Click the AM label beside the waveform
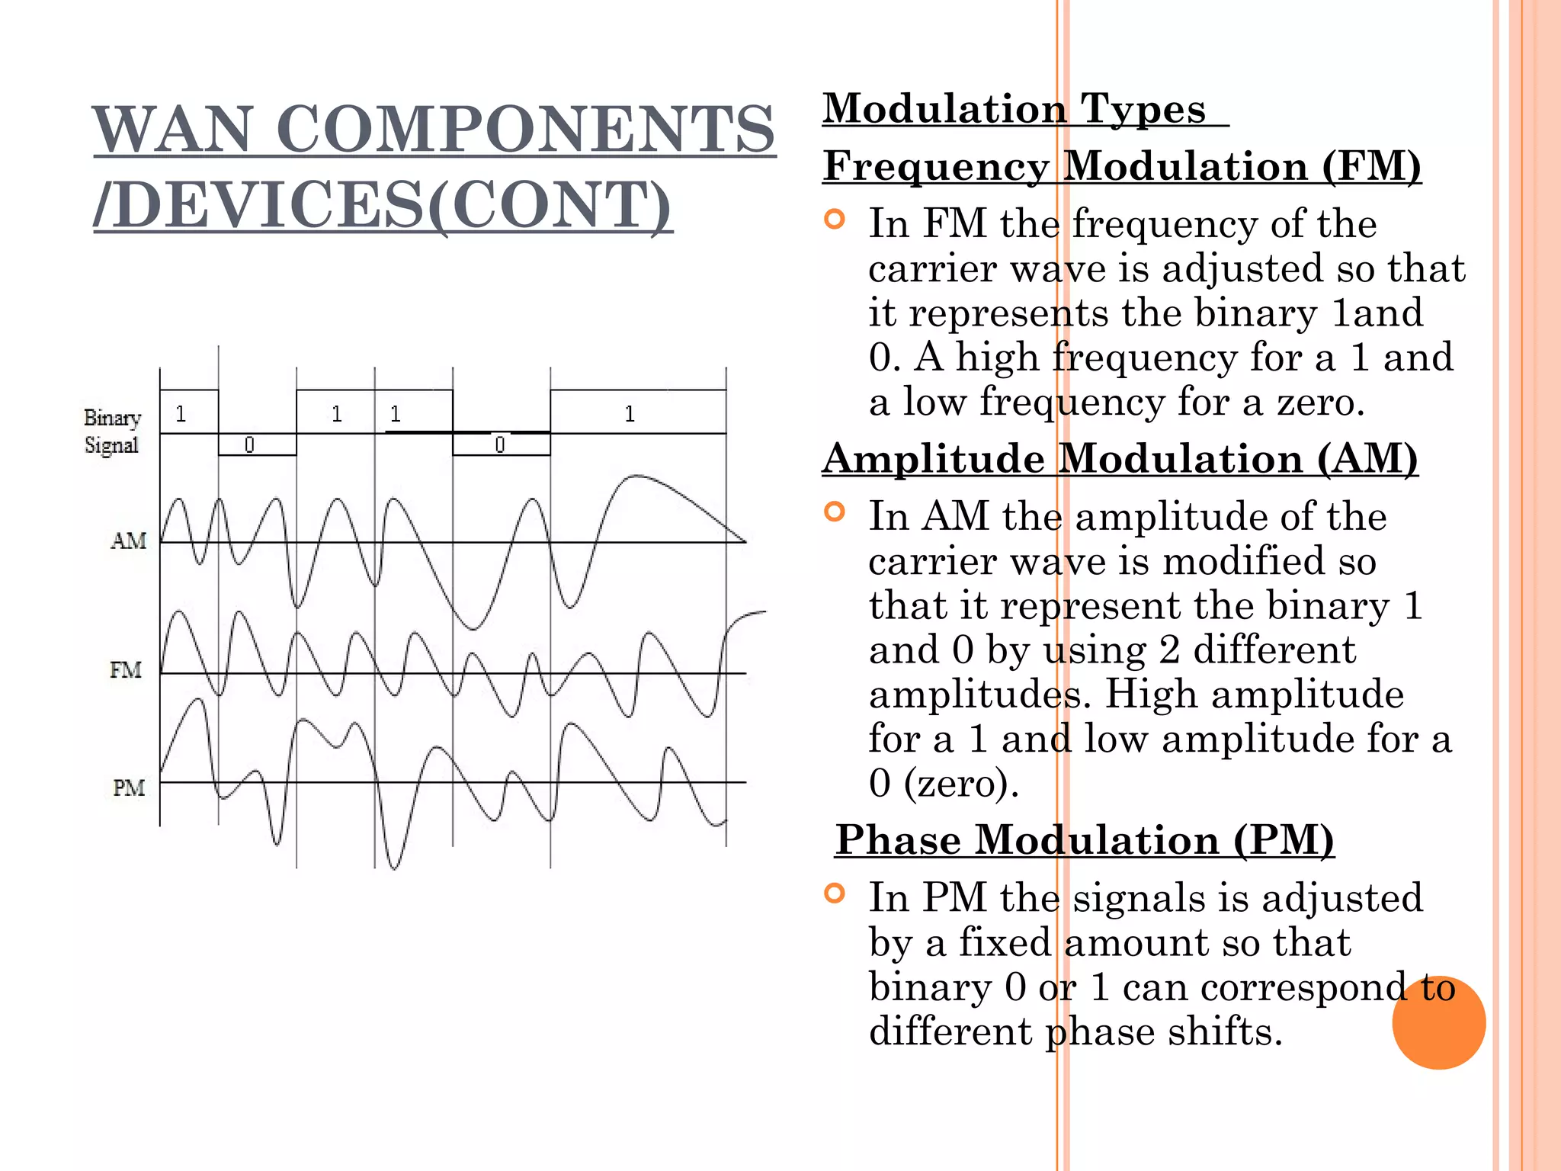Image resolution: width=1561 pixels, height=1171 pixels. coord(129,541)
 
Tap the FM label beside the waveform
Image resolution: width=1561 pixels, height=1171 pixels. coord(126,670)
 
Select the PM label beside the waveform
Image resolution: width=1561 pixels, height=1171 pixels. coord(129,788)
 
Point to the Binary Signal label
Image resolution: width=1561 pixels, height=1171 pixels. coord(112,432)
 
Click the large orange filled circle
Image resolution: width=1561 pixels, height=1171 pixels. coord(1438,1022)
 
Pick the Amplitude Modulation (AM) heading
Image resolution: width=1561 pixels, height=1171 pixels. coord(1120,458)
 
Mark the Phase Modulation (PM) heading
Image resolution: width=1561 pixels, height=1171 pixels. coord(1085,839)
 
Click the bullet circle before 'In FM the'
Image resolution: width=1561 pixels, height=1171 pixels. coord(835,220)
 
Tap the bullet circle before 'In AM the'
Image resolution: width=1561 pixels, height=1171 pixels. coord(835,512)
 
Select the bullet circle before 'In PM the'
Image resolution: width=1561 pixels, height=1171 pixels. coord(835,893)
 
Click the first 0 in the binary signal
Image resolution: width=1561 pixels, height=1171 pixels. coord(249,444)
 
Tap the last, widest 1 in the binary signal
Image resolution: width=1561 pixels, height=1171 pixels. coord(630,414)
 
